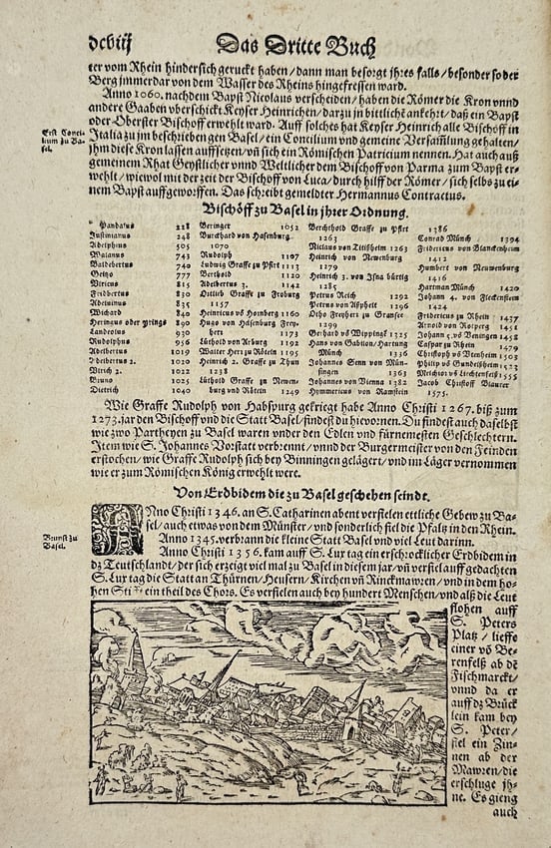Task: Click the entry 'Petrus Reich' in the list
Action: [328, 296]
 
